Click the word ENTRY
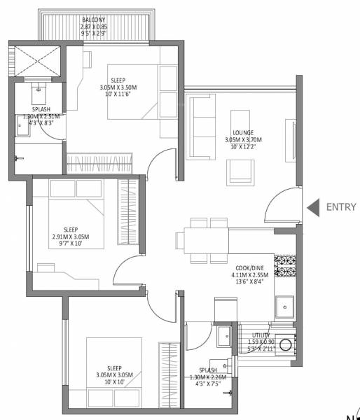[341, 207]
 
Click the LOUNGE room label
[244, 132]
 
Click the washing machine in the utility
[288, 344]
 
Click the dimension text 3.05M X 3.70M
[244, 139]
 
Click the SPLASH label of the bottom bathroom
[207, 370]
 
